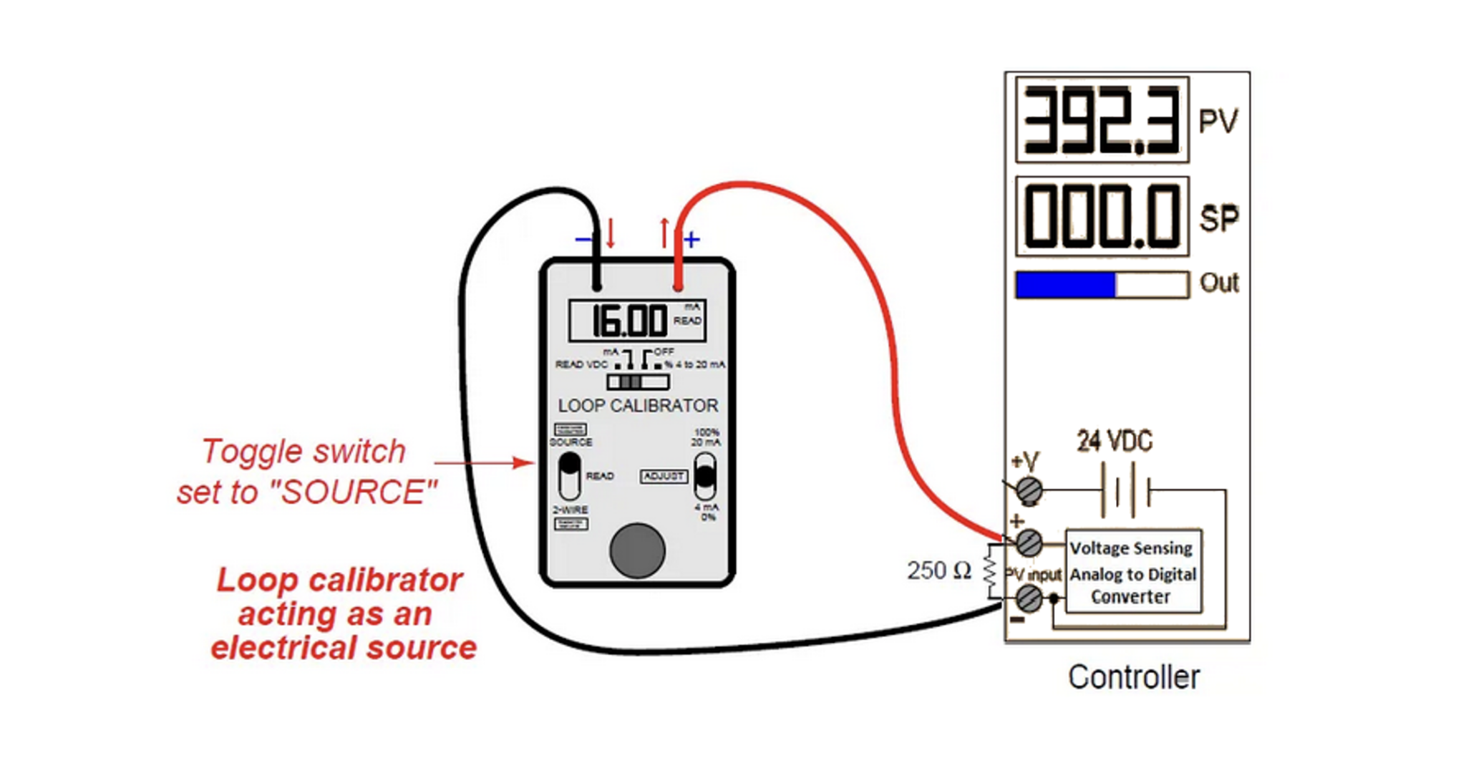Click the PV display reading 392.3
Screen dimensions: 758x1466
pos(1101,120)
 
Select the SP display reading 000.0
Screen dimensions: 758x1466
pos(1101,217)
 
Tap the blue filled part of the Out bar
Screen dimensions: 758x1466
pos(1065,284)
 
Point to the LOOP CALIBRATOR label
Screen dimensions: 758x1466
pos(638,406)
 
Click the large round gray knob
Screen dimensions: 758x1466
pos(637,550)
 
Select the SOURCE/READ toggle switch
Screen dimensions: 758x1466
pos(570,475)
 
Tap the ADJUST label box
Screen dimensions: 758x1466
pos(664,476)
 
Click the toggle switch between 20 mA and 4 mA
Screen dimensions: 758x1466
pos(705,475)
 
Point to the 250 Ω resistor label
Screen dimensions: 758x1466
pos(939,570)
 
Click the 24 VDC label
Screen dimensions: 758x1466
pos(1115,441)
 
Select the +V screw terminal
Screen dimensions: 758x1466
pos(1029,490)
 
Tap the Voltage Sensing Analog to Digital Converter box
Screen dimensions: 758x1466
pos(1133,572)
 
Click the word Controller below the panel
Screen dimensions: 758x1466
pos(1133,677)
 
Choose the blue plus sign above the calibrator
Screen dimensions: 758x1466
pos(691,239)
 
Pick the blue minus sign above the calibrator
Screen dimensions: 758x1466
pos(584,239)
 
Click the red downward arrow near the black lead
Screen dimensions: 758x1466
pos(611,233)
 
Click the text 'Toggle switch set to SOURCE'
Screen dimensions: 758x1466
pos(306,472)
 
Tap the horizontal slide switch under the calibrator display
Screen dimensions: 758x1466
pos(637,382)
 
